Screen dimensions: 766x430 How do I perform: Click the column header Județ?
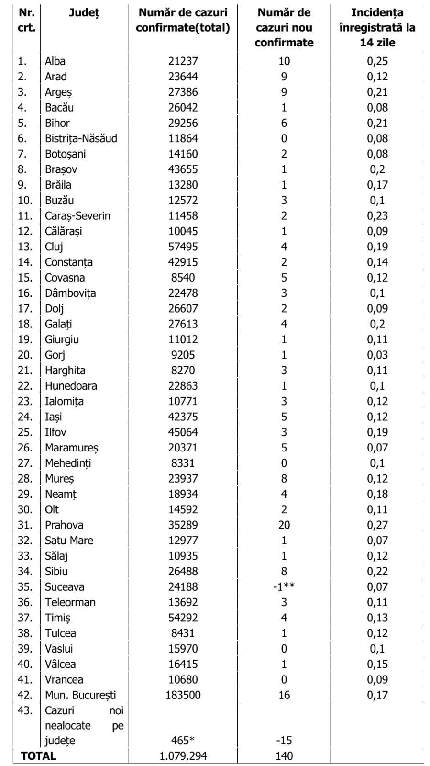click(x=84, y=13)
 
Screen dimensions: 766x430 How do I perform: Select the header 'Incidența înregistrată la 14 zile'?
click(x=377, y=27)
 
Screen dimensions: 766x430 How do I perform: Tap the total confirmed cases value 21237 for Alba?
click(x=183, y=61)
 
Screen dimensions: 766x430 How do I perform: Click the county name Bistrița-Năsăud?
click(x=81, y=138)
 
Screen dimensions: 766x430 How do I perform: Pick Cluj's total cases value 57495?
click(x=183, y=247)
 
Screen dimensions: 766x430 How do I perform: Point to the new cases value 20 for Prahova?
click(x=284, y=525)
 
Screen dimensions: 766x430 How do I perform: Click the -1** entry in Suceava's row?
click(x=284, y=586)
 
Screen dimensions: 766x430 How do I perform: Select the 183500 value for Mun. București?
click(x=183, y=695)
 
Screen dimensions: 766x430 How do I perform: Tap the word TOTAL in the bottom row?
click(x=38, y=756)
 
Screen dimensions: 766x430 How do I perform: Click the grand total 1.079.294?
click(x=183, y=756)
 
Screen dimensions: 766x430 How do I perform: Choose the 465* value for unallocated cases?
click(x=183, y=741)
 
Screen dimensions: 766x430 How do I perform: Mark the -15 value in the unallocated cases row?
click(x=284, y=741)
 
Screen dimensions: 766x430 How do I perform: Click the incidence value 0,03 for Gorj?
click(x=377, y=355)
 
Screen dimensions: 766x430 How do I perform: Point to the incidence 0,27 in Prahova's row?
click(x=377, y=525)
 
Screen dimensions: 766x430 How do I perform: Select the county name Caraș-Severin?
click(x=77, y=216)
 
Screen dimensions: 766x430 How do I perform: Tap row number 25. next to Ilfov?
click(x=25, y=432)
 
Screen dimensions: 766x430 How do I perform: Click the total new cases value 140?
click(x=284, y=756)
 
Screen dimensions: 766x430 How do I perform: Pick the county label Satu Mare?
click(x=69, y=541)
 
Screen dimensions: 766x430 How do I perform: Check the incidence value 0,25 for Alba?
click(x=377, y=61)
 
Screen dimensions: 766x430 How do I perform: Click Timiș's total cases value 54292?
click(x=183, y=618)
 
